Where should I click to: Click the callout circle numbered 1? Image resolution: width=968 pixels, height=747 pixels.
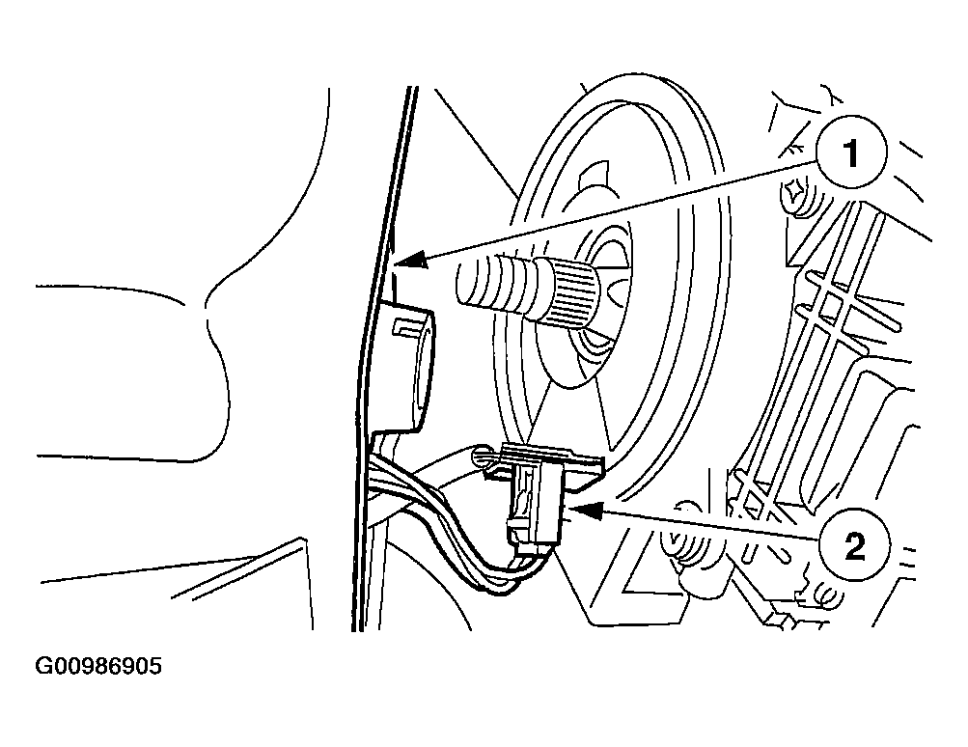pos(851,152)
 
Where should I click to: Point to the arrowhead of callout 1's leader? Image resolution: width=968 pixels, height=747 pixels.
pos(410,260)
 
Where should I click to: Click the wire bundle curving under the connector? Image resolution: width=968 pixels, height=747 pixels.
pos(456,543)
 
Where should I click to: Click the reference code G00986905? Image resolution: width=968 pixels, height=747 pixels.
pos(98,666)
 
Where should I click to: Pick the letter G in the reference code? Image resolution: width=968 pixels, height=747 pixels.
pos(43,666)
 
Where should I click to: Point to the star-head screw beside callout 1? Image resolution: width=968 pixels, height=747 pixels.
pos(795,193)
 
